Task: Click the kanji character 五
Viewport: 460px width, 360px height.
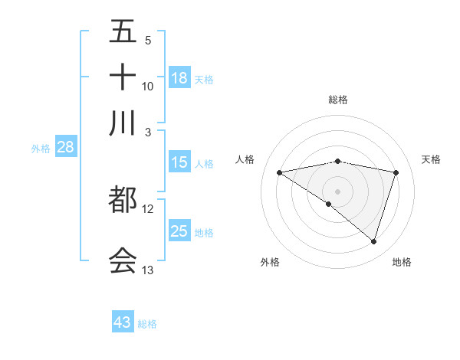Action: coord(123,31)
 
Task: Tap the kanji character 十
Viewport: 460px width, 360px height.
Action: coord(123,77)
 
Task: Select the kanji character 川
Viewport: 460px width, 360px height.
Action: coord(123,123)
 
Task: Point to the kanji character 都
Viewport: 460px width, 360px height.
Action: coord(123,201)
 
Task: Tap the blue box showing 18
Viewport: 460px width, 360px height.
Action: coord(179,78)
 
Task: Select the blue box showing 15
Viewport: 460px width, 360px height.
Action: coord(179,162)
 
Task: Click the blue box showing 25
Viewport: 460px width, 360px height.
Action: coord(179,231)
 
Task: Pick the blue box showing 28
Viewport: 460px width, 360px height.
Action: coord(65,148)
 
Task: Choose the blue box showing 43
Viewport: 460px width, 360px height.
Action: coord(123,322)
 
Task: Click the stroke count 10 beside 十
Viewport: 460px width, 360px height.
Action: coord(148,86)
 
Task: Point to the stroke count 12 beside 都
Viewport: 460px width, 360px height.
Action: coord(148,208)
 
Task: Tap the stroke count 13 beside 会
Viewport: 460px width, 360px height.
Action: coord(148,270)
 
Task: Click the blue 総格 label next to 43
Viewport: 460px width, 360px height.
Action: coord(147,324)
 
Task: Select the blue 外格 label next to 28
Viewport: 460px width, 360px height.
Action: coord(41,149)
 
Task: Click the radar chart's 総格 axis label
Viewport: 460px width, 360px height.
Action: coord(338,100)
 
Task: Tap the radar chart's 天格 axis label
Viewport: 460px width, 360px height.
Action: coord(431,159)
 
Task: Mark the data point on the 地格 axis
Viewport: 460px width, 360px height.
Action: coord(374,241)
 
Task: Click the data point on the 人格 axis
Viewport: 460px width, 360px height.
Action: coord(279,172)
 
